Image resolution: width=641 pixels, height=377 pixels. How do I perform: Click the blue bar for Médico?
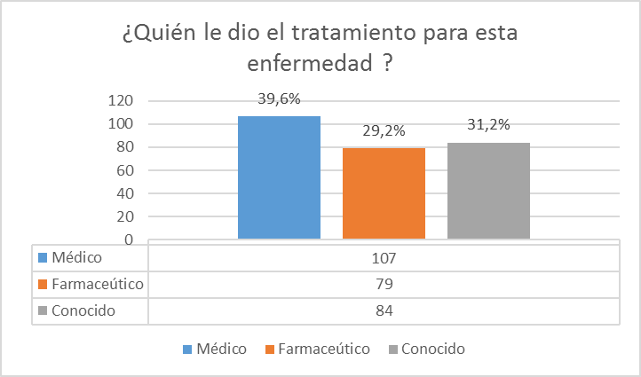pos(279,177)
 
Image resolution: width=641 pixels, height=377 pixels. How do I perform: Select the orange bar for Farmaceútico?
pos(384,193)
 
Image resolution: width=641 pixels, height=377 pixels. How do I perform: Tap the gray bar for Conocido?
pos(488,191)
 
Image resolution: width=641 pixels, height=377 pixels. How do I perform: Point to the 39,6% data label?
pos(279,99)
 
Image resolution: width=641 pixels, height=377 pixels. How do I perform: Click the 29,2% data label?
pos(384,130)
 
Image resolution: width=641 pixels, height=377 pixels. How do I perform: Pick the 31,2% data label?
pos(488,125)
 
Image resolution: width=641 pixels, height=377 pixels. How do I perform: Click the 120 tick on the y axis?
pos(122,100)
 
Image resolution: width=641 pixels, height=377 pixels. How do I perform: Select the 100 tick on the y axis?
pos(122,124)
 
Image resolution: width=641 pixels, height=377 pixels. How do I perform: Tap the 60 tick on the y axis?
pos(125,170)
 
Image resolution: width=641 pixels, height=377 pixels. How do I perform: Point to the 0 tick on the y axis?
pos(129,240)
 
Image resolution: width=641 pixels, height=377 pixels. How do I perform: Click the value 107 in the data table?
pos(384,257)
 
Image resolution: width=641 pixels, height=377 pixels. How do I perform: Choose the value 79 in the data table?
pos(384,284)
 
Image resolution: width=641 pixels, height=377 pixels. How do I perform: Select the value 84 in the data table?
pos(384,310)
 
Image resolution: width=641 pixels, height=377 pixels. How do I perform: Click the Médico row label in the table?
pos(78,257)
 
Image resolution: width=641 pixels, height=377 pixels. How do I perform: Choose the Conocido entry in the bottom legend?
pos(432,349)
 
